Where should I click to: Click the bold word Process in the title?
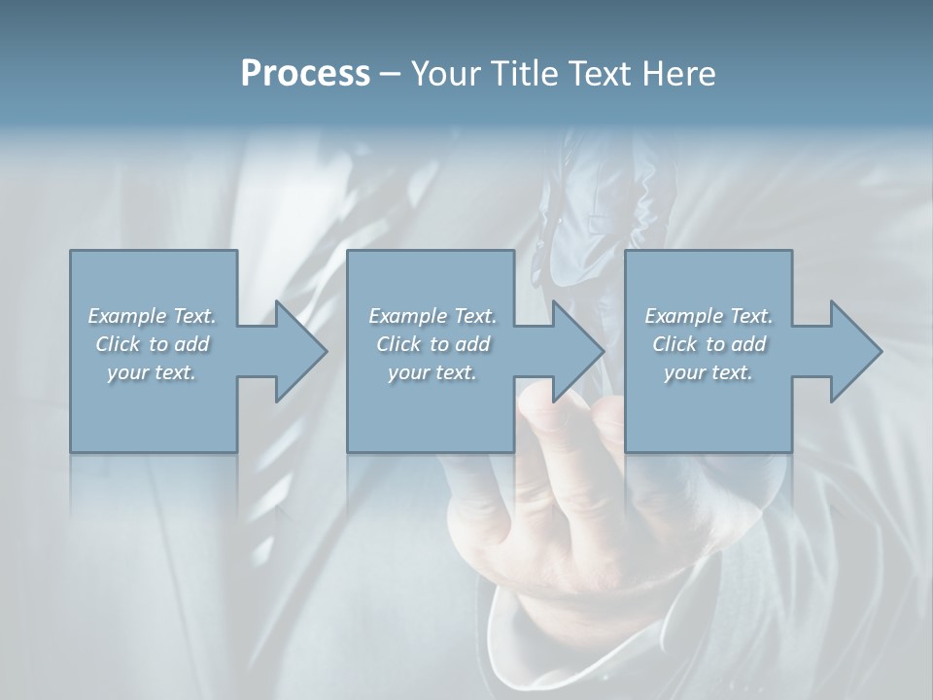click(x=305, y=74)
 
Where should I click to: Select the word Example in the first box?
click(x=126, y=316)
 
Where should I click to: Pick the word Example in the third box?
click(x=683, y=316)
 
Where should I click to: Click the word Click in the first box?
click(x=118, y=344)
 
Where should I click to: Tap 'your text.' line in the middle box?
click(x=432, y=372)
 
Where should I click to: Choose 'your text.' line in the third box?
click(x=708, y=372)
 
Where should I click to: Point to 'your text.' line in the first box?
click(x=152, y=372)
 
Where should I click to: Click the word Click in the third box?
click(x=674, y=344)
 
